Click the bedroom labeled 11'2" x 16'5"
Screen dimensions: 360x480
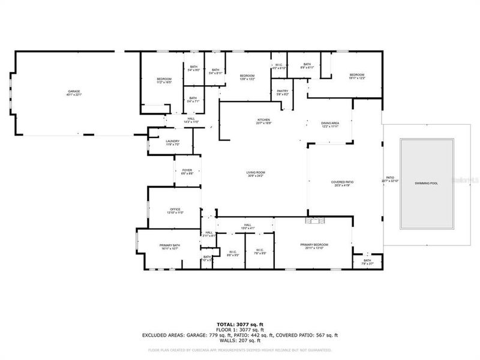point(164,80)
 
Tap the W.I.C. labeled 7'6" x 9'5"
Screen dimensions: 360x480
point(260,251)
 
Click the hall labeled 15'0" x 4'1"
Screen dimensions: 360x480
point(247,226)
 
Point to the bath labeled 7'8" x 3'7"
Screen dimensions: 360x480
point(367,262)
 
